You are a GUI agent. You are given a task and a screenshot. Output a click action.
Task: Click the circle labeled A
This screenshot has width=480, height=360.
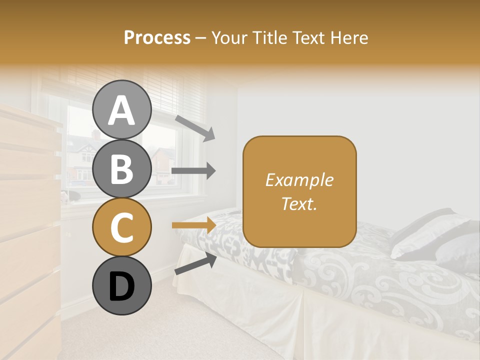(121, 109)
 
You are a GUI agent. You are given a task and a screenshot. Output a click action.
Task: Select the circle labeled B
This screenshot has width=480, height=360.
(121, 168)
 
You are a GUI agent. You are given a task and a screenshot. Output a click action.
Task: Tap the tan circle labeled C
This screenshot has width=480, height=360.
(121, 227)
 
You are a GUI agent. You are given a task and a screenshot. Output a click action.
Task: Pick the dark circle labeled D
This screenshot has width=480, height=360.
(121, 285)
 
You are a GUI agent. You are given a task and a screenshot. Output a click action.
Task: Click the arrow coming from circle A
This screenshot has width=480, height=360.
(195, 128)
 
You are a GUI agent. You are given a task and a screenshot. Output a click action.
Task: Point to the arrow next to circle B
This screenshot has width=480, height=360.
(193, 171)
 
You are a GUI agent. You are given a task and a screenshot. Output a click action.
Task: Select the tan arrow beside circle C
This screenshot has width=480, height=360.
(193, 225)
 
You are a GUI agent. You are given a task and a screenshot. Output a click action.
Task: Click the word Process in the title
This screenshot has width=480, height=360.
(157, 37)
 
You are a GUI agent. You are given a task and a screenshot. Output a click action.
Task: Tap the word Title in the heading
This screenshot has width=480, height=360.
(271, 37)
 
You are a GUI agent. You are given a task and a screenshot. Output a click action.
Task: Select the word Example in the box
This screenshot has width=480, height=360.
(299, 180)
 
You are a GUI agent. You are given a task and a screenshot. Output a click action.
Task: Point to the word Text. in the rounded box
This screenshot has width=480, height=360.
(299, 203)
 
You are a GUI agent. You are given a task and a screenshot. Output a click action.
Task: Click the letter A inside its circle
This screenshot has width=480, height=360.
(121, 110)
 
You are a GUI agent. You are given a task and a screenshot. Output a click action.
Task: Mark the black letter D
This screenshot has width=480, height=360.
(121, 286)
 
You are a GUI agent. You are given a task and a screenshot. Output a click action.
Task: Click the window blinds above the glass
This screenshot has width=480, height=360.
(165, 92)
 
